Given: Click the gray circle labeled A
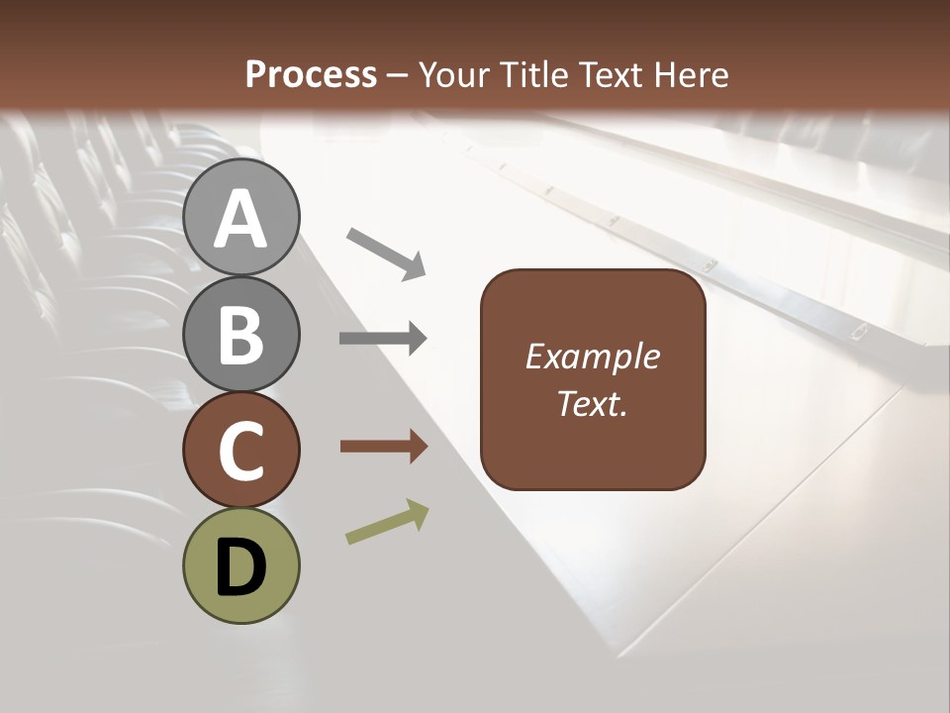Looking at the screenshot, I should (240, 217).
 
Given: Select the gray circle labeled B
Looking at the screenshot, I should (240, 334).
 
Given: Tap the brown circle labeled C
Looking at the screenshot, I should (240, 450).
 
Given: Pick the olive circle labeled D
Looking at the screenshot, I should (240, 565).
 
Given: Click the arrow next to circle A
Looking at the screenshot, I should (385, 254).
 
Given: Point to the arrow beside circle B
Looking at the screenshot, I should (383, 339).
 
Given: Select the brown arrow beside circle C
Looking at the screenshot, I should (383, 447).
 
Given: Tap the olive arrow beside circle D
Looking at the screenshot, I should (387, 523).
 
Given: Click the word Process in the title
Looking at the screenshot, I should (311, 74).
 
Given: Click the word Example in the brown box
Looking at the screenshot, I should (592, 356).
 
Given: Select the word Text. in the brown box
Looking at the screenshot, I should (592, 403).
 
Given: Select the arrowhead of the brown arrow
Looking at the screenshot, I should (417, 447).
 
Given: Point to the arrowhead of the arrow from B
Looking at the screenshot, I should (417, 339).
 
